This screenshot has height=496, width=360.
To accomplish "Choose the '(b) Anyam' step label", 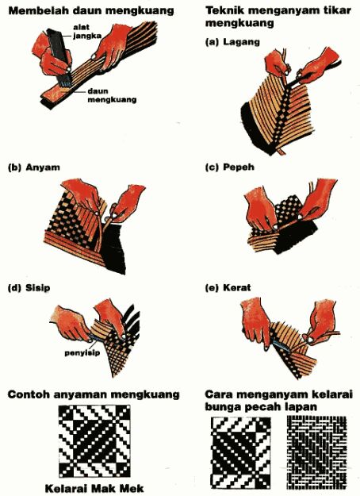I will pos(33,168).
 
